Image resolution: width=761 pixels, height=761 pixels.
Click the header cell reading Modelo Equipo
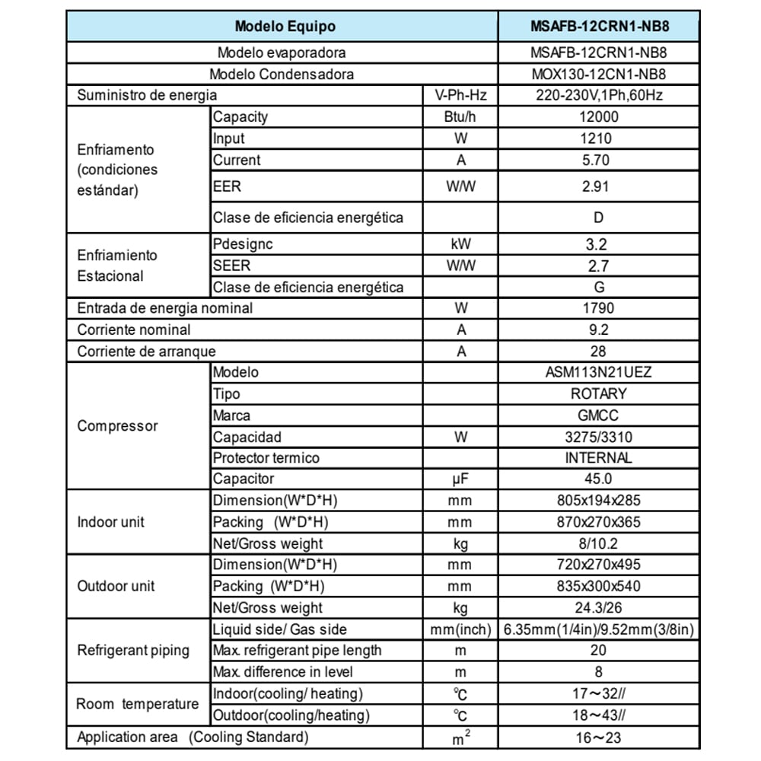tap(285, 26)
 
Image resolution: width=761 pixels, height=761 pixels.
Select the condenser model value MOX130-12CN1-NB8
tap(598, 75)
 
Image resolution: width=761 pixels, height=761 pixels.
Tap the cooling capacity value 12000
tap(598, 117)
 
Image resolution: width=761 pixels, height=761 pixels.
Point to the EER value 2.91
tap(598, 186)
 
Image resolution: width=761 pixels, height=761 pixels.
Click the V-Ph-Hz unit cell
tap(461, 96)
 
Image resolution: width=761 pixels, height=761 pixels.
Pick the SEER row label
tap(231, 266)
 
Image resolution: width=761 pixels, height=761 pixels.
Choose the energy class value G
tap(598, 288)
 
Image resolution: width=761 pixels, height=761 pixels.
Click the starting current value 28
tap(598, 352)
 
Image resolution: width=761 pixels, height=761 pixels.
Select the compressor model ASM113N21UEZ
tap(598, 373)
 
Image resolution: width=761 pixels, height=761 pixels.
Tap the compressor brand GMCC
tap(598, 416)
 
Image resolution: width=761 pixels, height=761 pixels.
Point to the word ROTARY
tap(598, 394)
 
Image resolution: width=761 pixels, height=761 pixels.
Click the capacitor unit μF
tap(461, 479)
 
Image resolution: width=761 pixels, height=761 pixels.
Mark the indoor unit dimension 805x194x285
tap(598, 501)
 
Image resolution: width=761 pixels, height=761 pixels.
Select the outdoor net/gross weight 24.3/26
tap(598, 608)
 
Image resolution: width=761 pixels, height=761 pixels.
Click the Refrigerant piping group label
tap(133, 651)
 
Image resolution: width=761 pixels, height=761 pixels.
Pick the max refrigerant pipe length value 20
tap(598, 651)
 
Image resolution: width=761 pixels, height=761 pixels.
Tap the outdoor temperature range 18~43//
tap(598, 715)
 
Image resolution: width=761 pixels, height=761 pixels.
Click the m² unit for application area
tap(461, 737)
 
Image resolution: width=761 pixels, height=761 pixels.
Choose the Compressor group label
tap(118, 426)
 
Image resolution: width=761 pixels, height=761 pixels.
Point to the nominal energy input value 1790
tap(598, 309)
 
